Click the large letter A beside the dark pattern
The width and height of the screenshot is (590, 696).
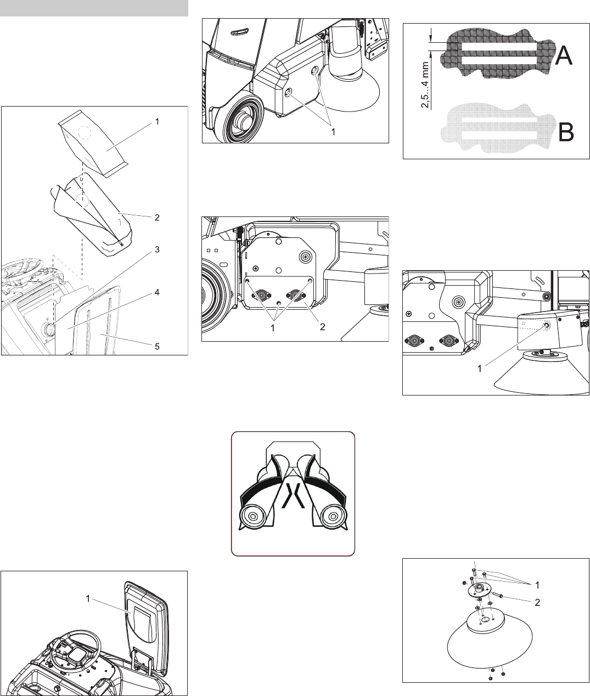pos(563,55)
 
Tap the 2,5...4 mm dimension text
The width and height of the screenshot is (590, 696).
pos(425,85)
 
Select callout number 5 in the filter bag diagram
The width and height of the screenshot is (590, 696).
pos(157,346)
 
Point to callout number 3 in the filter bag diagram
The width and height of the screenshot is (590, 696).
pos(157,249)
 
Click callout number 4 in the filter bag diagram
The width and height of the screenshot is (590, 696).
pos(157,292)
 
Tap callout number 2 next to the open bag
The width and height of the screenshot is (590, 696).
pos(157,218)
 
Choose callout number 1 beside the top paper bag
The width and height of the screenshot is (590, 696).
pos(157,121)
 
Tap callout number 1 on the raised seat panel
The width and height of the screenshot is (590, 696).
pos(88,599)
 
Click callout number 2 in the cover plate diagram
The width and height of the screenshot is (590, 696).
pos(322,327)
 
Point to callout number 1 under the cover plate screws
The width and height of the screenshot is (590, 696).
pos(273,327)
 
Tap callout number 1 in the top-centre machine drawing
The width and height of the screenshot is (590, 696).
pos(333,132)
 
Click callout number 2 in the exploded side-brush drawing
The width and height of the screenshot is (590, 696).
pos(537,603)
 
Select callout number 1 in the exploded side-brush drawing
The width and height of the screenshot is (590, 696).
pos(537,586)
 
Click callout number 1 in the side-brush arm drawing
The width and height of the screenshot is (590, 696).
pos(480,369)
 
